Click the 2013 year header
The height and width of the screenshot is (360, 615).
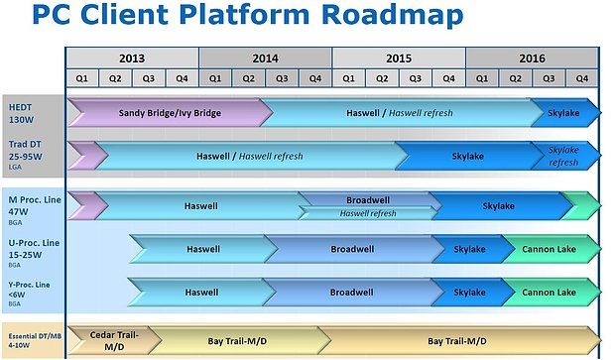[x=132, y=58]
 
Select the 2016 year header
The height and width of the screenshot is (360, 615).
[x=532, y=58]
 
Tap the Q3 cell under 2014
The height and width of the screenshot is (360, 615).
[x=283, y=77]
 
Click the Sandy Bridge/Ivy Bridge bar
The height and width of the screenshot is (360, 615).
[x=169, y=113]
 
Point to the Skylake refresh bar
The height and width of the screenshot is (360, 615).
[x=565, y=156]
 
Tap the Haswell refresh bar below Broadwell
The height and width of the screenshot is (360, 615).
[x=368, y=213]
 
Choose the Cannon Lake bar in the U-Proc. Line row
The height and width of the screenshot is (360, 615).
[x=549, y=250]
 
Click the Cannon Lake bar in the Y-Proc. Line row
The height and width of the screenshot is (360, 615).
[x=549, y=293]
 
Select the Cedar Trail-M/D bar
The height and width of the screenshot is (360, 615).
[x=113, y=340]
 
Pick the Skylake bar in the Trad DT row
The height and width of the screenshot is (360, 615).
[x=466, y=156]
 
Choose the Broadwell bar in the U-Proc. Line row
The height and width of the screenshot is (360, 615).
[x=351, y=250]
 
